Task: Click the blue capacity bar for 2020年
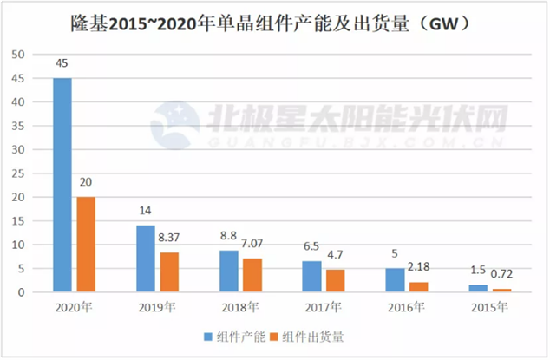[62, 185]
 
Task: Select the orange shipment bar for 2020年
[86, 245]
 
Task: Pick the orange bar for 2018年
[252, 275]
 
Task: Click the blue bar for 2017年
[311, 277]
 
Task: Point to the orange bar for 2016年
[418, 287]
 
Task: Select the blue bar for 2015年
[477, 289]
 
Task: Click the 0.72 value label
[501, 275]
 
